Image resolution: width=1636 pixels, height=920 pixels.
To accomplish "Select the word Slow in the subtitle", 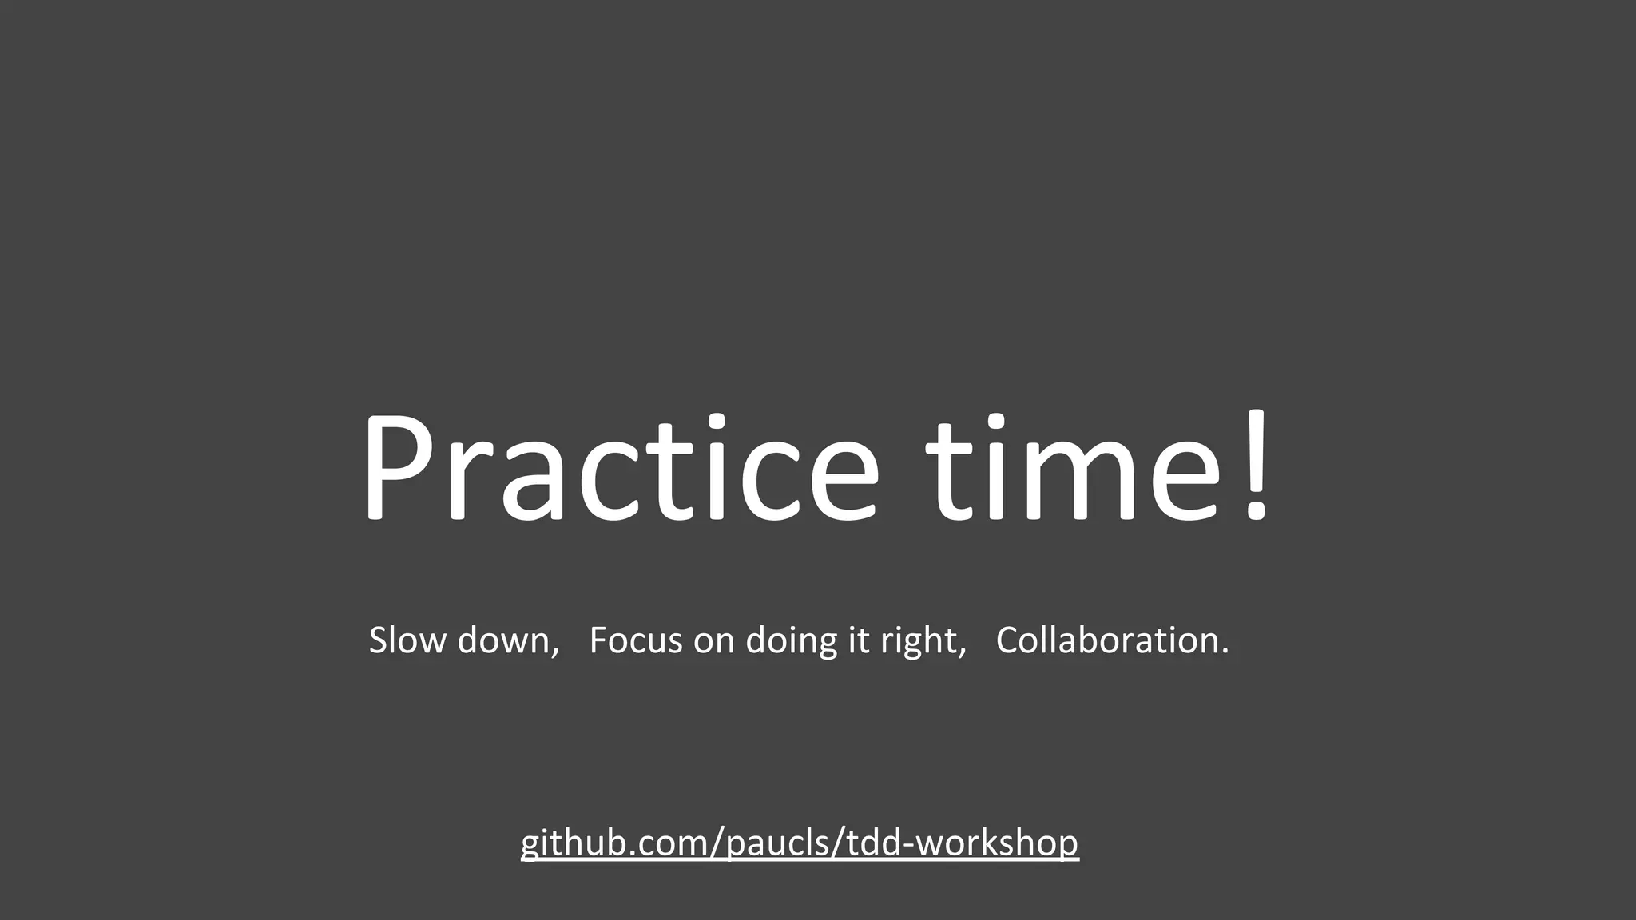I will click(407, 640).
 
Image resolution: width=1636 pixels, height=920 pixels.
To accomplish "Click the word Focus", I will click(636, 640).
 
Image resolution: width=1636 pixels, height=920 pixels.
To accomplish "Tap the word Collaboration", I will click(1107, 640).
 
